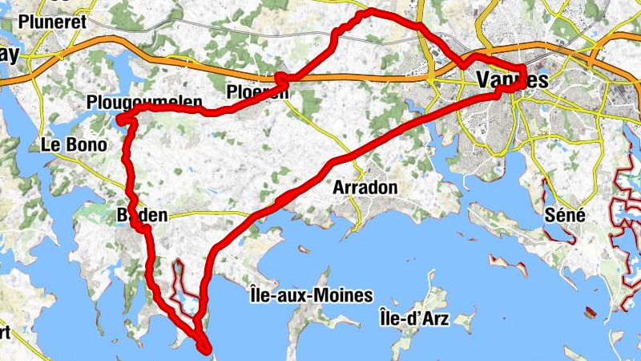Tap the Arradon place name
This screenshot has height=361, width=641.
(x=365, y=187)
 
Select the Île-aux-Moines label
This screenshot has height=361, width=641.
(x=311, y=296)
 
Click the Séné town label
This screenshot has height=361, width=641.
(x=565, y=215)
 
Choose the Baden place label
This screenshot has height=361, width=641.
(x=142, y=215)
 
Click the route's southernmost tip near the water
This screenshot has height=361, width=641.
(x=206, y=348)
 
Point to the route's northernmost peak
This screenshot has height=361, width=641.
(x=369, y=12)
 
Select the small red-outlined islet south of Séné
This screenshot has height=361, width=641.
(x=591, y=310)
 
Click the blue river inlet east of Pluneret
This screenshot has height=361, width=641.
(x=120, y=60)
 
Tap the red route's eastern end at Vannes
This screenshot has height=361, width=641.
(x=525, y=80)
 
